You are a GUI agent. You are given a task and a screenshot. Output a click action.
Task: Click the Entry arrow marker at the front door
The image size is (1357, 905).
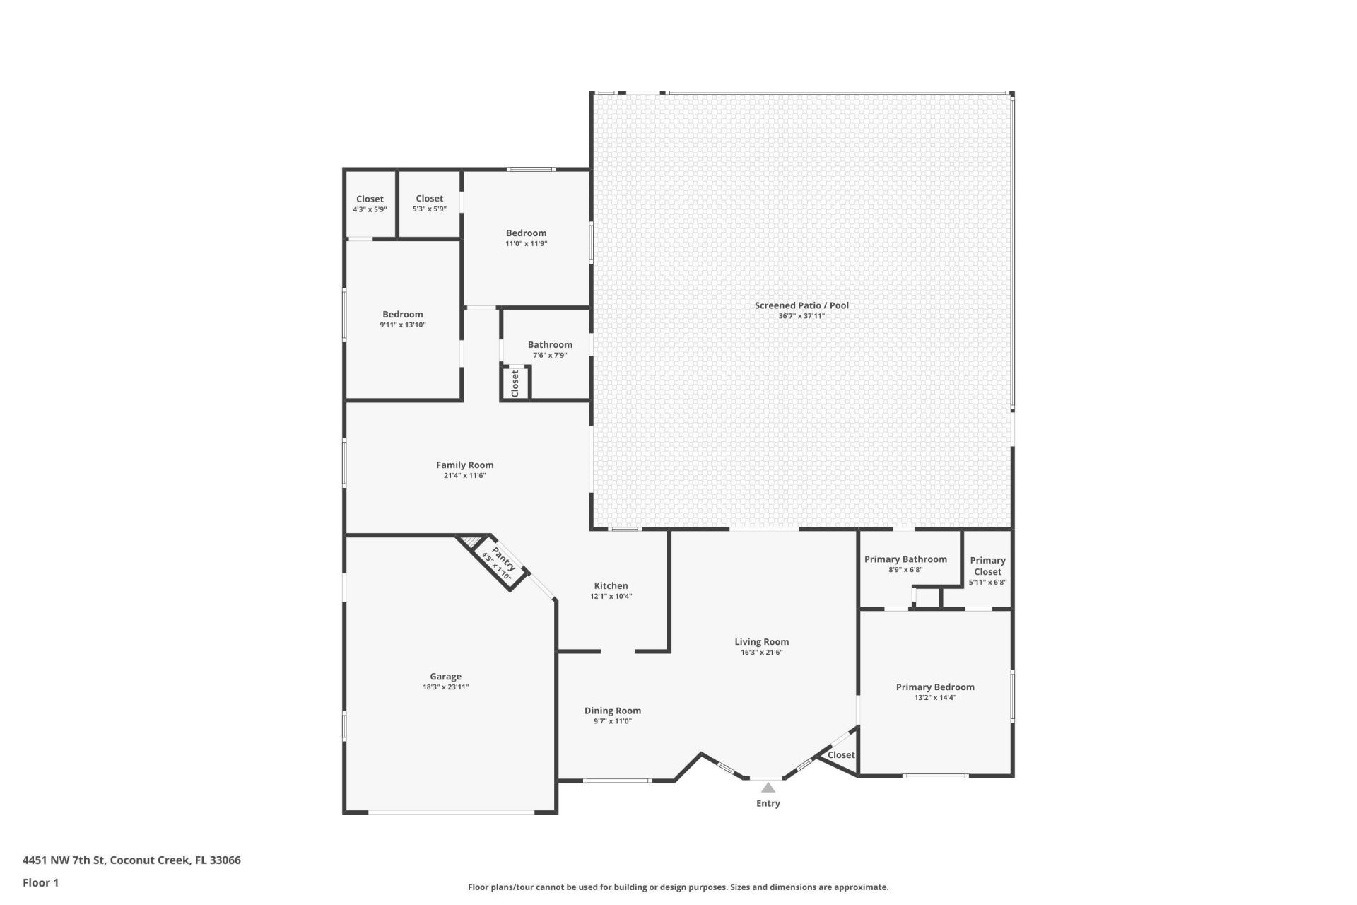tap(768, 788)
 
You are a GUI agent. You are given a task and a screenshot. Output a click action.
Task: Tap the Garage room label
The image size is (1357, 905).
tap(445, 677)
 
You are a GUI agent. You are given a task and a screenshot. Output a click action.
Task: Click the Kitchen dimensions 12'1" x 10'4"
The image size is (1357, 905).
tap(611, 597)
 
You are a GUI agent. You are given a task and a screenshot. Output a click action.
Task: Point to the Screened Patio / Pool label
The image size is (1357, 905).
tap(801, 305)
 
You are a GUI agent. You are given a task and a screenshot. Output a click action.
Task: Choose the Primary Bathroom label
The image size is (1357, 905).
tap(905, 559)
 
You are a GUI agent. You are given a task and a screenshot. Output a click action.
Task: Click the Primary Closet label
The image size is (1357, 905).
tap(987, 566)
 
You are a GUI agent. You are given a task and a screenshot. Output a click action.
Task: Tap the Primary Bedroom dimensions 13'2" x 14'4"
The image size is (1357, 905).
tap(935, 698)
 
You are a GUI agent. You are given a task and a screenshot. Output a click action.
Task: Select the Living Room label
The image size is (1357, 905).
tap(761, 642)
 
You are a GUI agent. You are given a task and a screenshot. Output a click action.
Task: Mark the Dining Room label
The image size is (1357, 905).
tap(612, 711)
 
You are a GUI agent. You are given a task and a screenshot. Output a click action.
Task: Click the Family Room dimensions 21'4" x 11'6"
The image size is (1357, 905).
tap(464, 476)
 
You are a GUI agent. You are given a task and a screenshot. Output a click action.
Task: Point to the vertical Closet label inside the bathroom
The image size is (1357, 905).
tap(515, 383)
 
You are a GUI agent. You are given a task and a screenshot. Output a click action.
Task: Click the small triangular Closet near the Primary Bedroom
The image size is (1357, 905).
tap(840, 755)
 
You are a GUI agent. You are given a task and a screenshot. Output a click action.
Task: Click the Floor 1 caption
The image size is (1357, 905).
tap(40, 882)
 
